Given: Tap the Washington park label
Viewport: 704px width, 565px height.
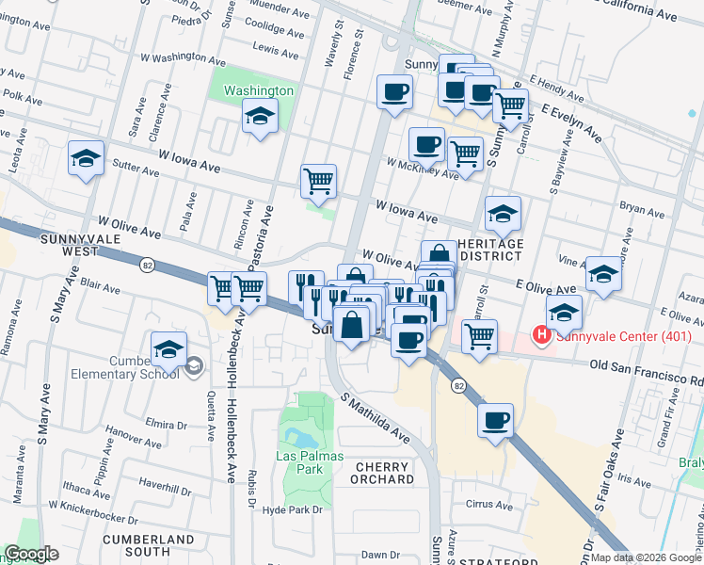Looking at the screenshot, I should [259, 91].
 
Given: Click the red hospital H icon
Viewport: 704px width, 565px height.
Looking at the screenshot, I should [541, 334].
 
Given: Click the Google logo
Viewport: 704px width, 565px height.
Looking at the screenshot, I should [30, 554].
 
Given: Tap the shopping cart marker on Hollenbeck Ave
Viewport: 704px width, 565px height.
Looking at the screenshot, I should [248, 288].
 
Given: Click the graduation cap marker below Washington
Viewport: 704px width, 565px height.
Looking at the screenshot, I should [260, 118].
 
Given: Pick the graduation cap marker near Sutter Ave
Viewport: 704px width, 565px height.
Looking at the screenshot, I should [86, 158].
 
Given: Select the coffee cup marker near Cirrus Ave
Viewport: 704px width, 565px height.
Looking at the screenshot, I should [495, 421].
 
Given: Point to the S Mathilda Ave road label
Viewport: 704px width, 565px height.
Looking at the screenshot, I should [376, 419].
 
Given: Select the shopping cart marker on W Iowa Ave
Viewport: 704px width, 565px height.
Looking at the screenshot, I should [319, 181].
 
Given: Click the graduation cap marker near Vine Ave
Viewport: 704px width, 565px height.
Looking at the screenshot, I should [603, 274].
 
